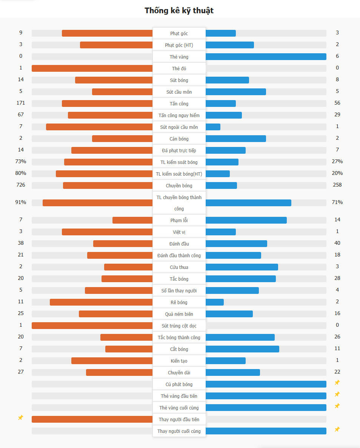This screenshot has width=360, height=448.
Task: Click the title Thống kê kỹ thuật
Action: pos(179,11)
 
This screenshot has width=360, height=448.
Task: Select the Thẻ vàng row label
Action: pos(179,57)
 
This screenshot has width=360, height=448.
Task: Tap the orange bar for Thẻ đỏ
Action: pos(92,68)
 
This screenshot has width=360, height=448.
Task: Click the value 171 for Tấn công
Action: pos(21,103)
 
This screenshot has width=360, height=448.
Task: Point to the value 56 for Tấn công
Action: pos(337,103)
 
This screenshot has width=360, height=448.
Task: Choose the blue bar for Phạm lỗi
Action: pos(246,220)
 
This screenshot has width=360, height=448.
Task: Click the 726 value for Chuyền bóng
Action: pos(21,185)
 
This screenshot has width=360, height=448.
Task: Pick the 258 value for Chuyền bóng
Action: pos(337,185)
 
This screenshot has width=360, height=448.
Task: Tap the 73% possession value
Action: pos(21,162)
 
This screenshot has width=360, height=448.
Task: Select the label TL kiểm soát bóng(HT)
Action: pos(179,174)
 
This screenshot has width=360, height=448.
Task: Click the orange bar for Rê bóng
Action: pos(101,302)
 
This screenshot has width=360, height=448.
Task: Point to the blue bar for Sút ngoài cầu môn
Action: pos(213,127)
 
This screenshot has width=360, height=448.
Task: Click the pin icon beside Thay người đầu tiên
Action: pos(21,418)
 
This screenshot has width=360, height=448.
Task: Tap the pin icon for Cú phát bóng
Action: pos(337,383)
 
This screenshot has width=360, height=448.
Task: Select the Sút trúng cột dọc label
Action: pos(179,326)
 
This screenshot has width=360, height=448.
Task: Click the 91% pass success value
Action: pos(21,202)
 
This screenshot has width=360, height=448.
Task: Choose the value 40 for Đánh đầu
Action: pos(337,243)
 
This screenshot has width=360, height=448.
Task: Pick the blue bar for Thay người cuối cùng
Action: pos(266,431)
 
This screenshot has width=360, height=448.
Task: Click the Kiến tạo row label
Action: pos(179,361)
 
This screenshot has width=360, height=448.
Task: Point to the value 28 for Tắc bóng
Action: pos(337,278)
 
